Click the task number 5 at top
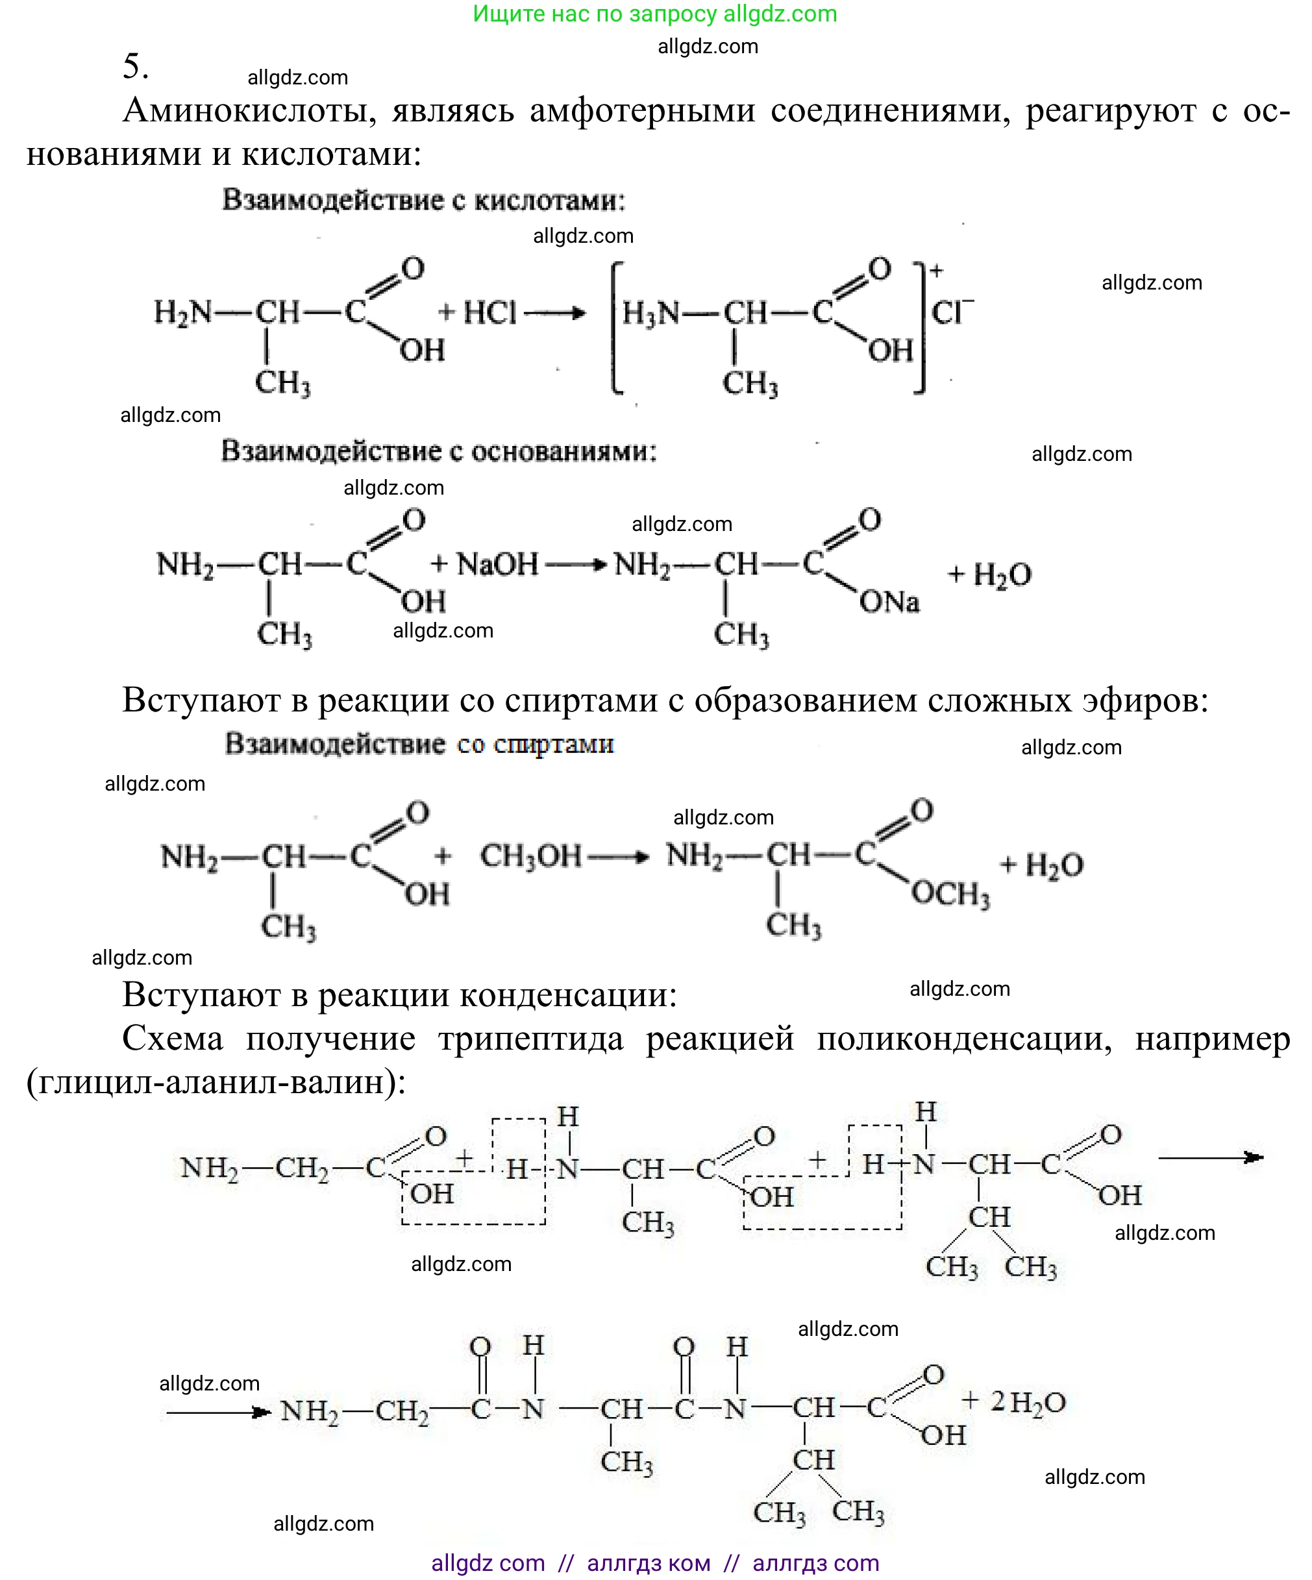coord(136,66)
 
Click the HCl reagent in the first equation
coord(489,312)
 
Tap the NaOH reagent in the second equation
coord(497,563)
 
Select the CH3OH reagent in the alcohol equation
coord(530,856)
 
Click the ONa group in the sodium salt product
coord(889,602)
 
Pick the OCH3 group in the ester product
coord(951,894)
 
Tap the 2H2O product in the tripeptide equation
coord(1028,1401)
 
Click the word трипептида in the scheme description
coord(530,1039)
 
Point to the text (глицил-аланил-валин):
coord(216,1082)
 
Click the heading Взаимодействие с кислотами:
coord(423,200)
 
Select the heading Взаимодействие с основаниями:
coord(439,451)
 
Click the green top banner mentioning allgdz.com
coord(654,14)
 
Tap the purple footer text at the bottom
coord(654,1562)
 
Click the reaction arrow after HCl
coord(554,313)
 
